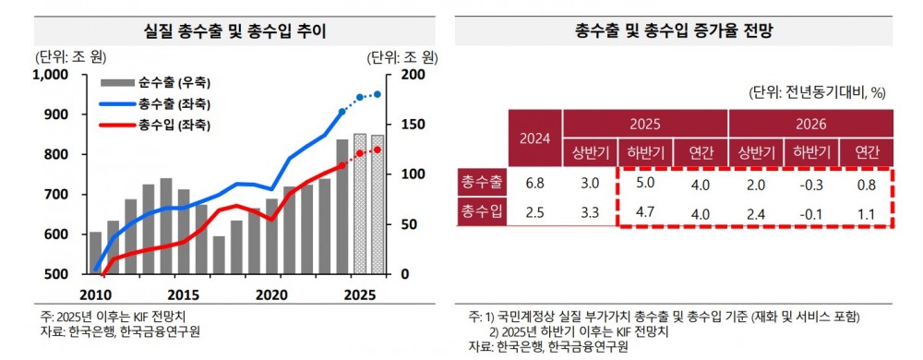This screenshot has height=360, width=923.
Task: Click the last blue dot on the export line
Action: (x=377, y=94)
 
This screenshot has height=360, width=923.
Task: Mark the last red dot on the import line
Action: (x=377, y=150)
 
